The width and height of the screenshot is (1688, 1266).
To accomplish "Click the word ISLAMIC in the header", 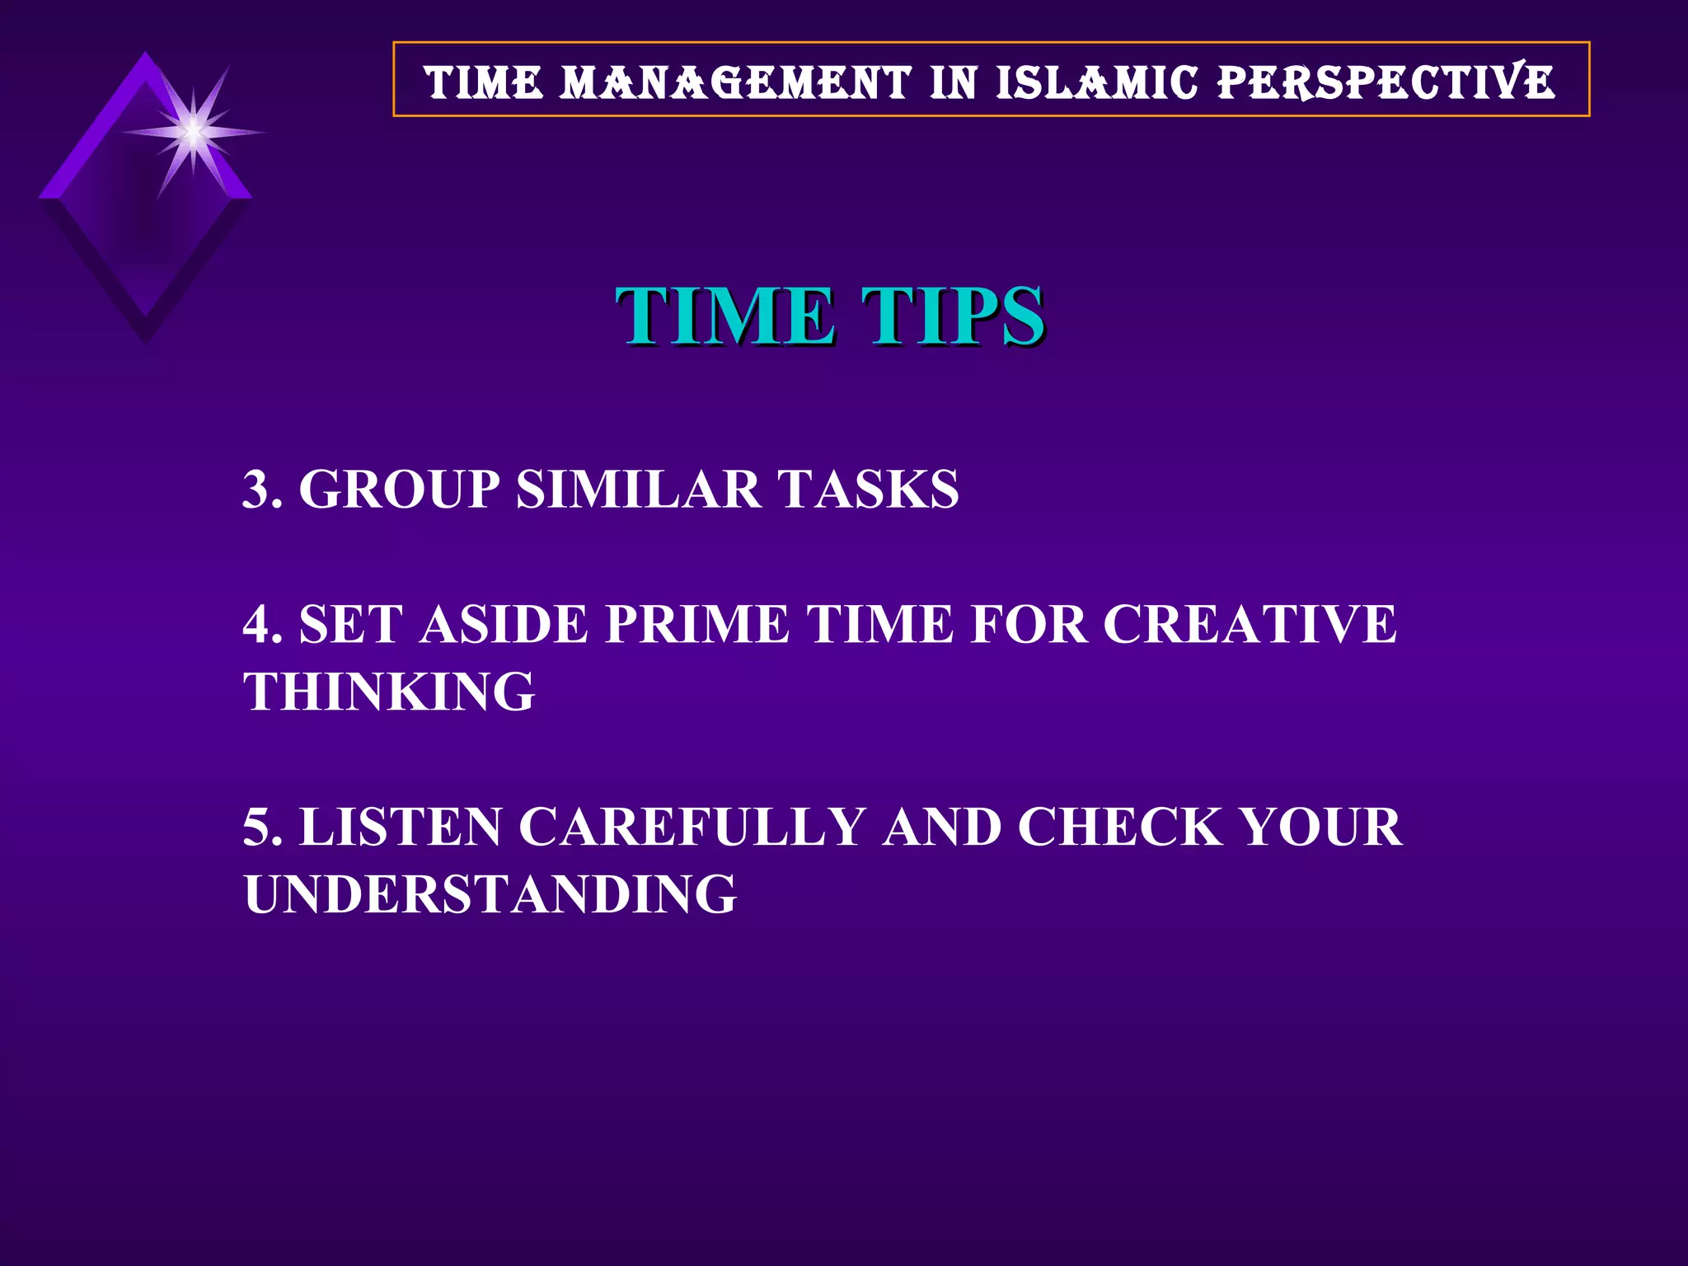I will point(1096,82).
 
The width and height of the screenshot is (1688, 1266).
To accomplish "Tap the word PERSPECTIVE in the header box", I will point(1386,82).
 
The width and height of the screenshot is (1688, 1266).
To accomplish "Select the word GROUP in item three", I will point(399,489).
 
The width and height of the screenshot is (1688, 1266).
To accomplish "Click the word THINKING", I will point(389,692).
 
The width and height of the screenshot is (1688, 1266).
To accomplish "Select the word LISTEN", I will point(400,827).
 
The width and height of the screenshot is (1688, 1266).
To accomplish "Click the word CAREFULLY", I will point(692,827).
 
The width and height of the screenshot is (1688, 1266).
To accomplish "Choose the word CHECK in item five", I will point(1119,827).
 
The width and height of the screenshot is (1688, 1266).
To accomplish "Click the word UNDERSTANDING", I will point(490,894).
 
